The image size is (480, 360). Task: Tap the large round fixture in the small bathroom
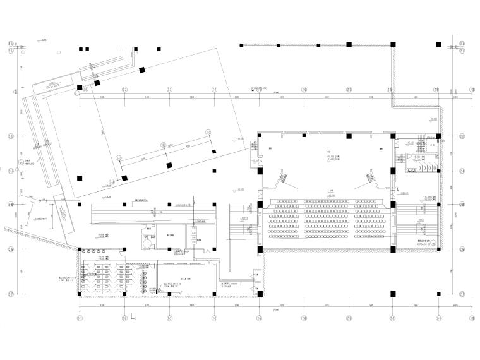point(148,240)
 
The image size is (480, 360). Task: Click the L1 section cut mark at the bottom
point(132,327)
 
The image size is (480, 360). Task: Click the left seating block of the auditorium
point(284,217)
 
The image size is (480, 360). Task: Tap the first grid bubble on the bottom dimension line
point(80,318)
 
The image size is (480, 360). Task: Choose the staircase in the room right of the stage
point(419,140)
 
